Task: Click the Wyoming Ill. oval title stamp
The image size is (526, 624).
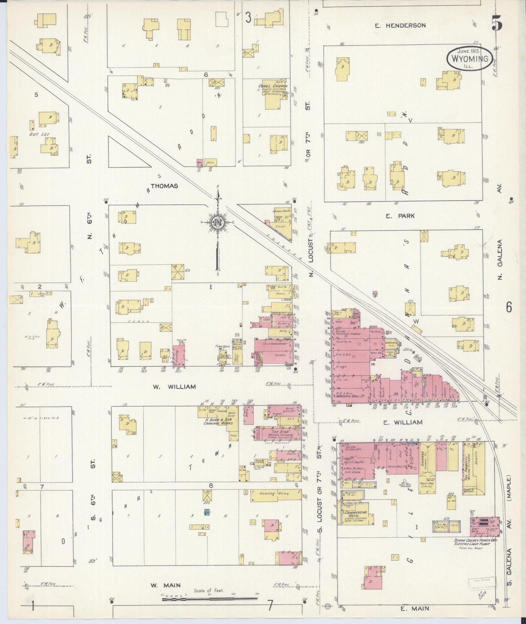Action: [470, 58]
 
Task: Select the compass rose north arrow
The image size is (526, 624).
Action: [218, 223]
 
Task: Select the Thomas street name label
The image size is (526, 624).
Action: [164, 186]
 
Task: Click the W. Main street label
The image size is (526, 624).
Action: [166, 585]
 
